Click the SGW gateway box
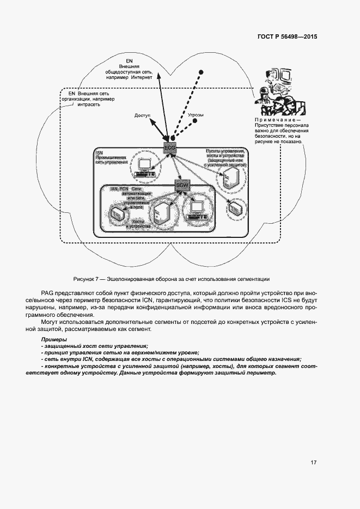point(182,186)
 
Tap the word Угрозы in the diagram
point(196,115)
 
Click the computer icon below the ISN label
point(145,166)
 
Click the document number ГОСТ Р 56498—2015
point(287,37)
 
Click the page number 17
point(314,463)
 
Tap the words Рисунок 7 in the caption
point(84,279)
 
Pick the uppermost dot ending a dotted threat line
point(201,72)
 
